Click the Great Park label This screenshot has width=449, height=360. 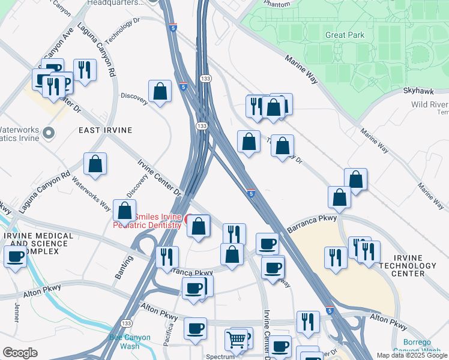345,35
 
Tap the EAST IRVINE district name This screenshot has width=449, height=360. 105,130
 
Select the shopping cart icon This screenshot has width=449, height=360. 237,340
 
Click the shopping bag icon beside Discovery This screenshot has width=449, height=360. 160,92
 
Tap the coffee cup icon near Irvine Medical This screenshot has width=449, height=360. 16,257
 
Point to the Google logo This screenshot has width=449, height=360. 19,353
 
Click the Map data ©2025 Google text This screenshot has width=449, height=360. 411,355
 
